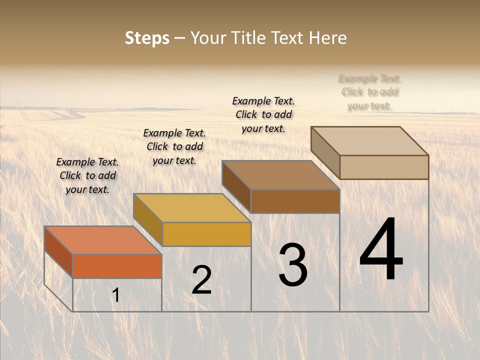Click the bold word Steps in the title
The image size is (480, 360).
pos(147,38)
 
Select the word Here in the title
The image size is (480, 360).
pos(327,38)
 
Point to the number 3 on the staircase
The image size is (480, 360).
pos(292,265)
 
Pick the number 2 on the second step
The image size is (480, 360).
pos(201,280)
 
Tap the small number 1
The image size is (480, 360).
pos(116,295)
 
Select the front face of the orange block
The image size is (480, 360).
pos(117,266)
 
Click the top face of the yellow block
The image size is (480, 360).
pos(192,208)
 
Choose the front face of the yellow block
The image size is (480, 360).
pos(206,234)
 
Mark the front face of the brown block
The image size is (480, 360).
pos(295,201)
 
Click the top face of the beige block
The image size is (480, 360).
pos(370,140)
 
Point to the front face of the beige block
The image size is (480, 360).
pos(384,167)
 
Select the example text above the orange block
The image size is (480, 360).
pos(87,175)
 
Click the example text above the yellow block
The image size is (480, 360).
pos(174,146)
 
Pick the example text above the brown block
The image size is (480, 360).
pos(263,114)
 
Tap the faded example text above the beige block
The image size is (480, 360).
pos(370,92)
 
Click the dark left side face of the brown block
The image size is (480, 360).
pos(236,187)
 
